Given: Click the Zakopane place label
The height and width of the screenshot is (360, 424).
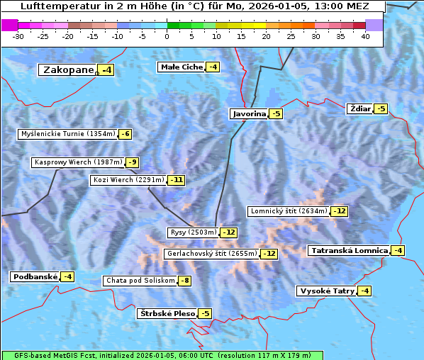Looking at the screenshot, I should pyautogui.click(x=68, y=69).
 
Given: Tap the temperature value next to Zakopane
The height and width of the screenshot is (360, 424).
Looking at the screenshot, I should pyautogui.click(x=106, y=70).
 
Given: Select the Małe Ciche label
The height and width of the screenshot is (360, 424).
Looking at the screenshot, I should pyautogui.click(x=182, y=67).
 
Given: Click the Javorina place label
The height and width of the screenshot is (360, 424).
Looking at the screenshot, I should pyautogui.click(x=248, y=114).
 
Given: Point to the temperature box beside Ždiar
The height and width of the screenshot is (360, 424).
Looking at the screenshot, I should pyautogui.click(x=380, y=109).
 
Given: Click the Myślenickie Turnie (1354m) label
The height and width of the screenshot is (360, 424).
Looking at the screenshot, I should pyautogui.click(x=67, y=134).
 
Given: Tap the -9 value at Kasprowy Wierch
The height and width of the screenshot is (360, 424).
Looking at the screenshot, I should pyautogui.click(x=132, y=162).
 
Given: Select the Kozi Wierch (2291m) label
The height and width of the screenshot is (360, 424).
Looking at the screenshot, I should pyautogui.click(x=128, y=180).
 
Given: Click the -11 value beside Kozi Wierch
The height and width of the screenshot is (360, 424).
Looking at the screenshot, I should pyautogui.click(x=176, y=180).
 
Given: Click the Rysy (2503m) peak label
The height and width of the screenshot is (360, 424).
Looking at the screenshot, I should pyautogui.click(x=193, y=232).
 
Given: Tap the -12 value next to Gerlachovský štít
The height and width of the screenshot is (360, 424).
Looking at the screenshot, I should pyautogui.click(x=269, y=254).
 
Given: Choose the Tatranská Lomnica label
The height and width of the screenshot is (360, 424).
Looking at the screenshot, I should pyautogui.click(x=349, y=251).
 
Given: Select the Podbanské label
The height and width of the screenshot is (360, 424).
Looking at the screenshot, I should pyautogui.click(x=34, y=277).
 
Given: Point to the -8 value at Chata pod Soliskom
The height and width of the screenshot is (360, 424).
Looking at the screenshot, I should pyautogui.click(x=184, y=281).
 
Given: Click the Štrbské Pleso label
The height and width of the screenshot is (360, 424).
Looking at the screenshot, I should pyautogui.click(x=167, y=314).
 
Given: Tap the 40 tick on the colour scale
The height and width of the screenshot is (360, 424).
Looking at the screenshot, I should pyautogui.click(x=365, y=36).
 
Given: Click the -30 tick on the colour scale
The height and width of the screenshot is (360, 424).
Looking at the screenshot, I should pyautogui.click(x=18, y=36).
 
